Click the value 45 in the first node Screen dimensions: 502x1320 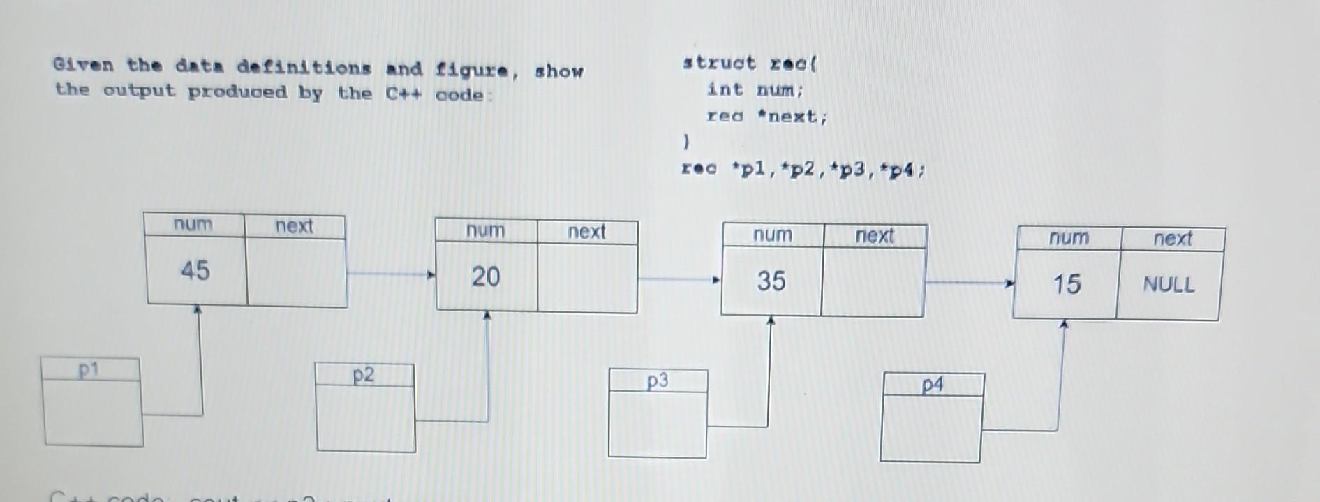[x=195, y=270]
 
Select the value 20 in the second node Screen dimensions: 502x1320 [x=485, y=276]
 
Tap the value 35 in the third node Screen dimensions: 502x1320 [x=771, y=281]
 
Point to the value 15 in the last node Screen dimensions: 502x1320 [x=1067, y=284]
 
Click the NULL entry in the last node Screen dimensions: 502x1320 [x=1168, y=285]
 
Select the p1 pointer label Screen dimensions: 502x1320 [x=89, y=370]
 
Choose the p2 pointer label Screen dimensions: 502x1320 [x=363, y=376]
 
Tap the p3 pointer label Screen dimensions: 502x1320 [x=657, y=381]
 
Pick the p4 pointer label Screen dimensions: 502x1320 [x=932, y=385]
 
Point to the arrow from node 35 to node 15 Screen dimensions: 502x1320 [x=969, y=283]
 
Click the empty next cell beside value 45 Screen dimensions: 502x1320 [x=296, y=272]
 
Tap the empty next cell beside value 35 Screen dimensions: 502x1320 [x=873, y=282]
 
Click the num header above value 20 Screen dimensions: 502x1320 [x=485, y=231]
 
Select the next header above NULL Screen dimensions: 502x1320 [x=1172, y=239]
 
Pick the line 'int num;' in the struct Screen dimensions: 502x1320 [x=755, y=90]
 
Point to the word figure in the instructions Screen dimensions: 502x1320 [x=473, y=70]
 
